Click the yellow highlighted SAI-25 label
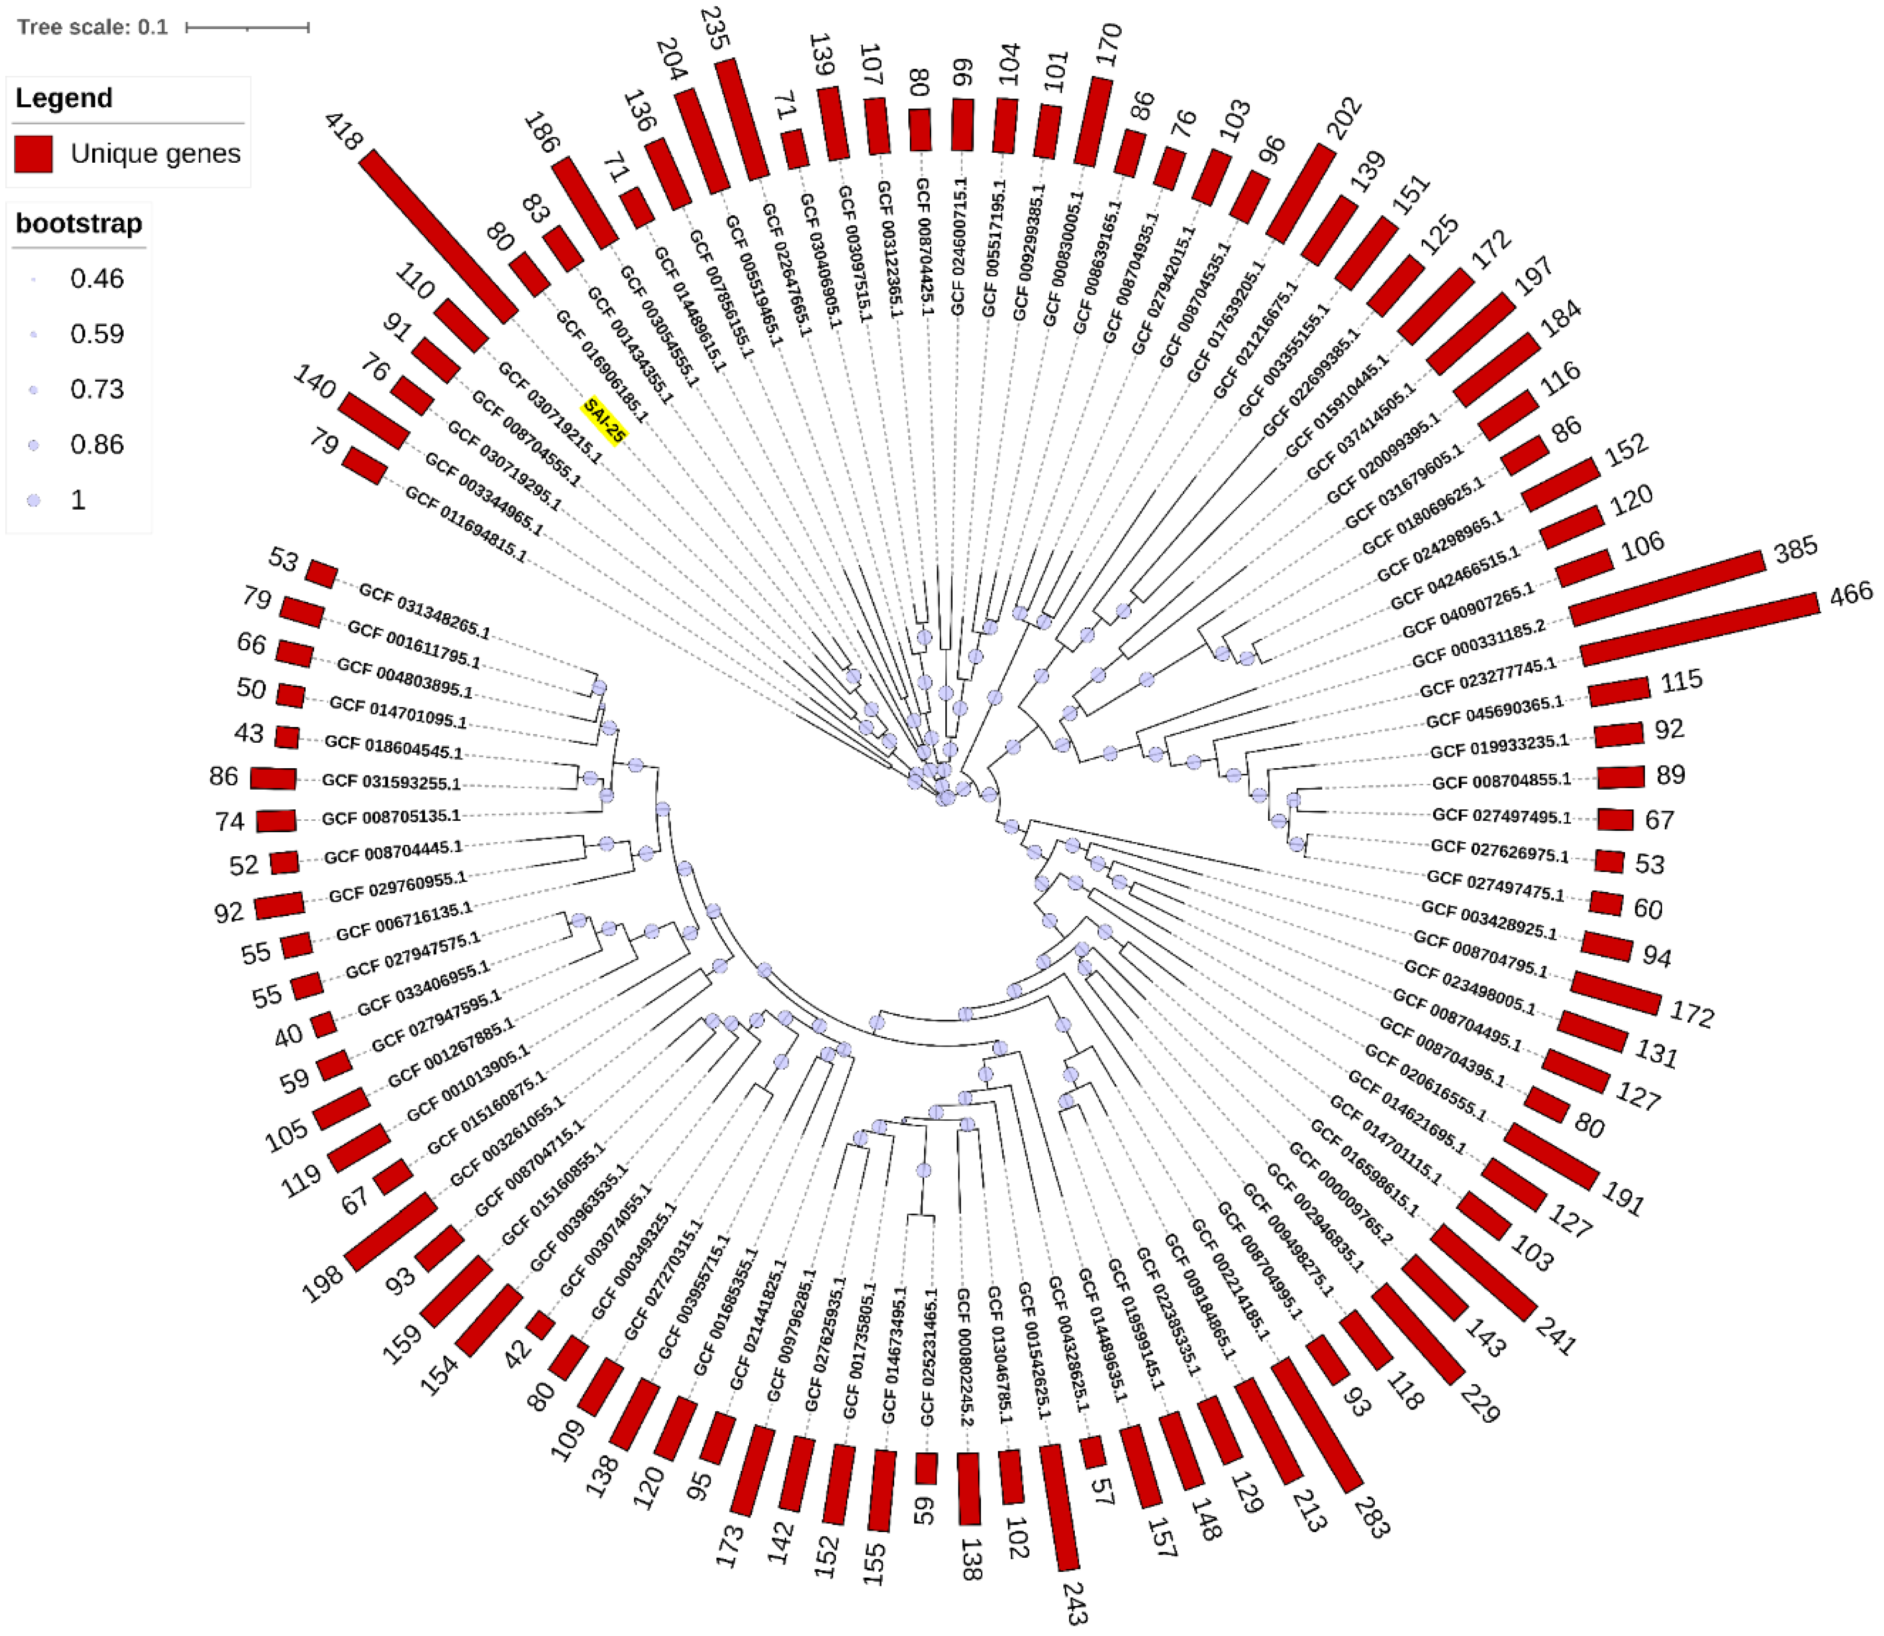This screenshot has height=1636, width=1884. coord(605,421)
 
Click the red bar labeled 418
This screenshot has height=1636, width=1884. coord(438,236)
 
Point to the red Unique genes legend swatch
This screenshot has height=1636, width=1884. coord(34,153)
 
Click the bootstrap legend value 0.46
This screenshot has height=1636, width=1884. coord(97,278)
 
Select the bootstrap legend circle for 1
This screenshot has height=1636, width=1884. coord(34,500)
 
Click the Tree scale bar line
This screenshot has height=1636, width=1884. coord(247,28)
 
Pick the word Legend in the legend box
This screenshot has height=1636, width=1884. coord(64,98)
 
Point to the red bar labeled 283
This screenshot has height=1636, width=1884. coord(1317,1424)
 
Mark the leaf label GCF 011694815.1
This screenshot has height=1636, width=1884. coord(466,524)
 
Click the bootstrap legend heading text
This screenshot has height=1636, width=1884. coord(79,224)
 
